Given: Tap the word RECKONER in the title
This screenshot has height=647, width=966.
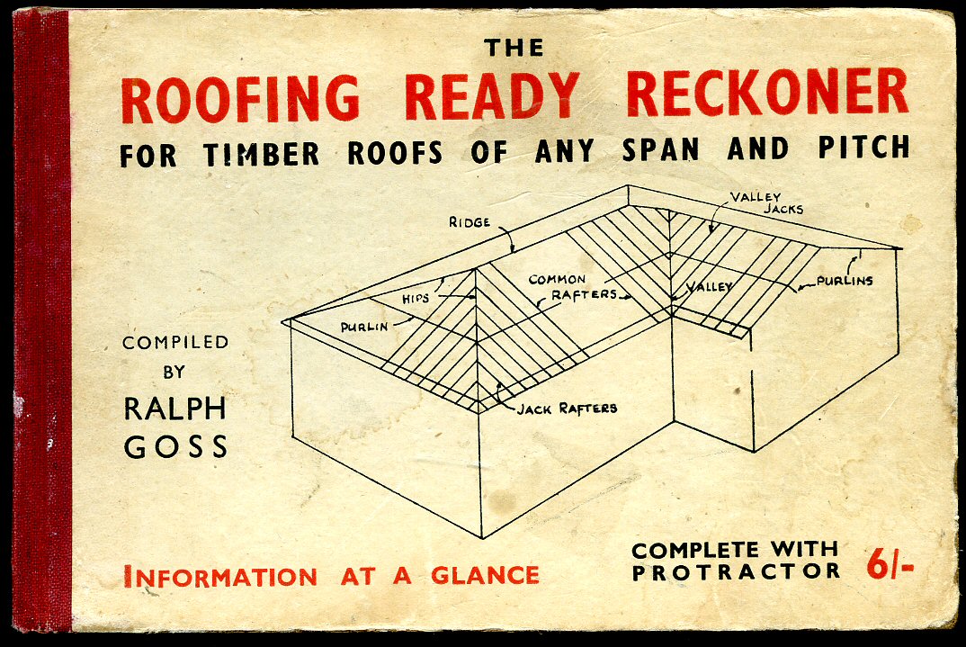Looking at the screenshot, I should [x=767, y=94].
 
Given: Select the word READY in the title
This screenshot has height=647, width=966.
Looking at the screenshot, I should [x=492, y=95].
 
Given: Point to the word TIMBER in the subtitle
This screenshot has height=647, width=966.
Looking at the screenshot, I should [x=262, y=154].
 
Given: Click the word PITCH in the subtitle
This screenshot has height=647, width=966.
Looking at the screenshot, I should [x=863, y=148].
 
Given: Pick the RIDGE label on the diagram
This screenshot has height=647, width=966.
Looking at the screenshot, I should [x=470, y=221].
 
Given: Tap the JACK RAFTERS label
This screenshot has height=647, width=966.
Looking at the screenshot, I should [x=567, y=409].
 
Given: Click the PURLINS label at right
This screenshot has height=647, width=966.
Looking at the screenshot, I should [x=845, y=280].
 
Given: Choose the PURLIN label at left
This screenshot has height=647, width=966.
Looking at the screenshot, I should [x=365, y=327].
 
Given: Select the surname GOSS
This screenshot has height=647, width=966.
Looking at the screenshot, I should [x=175, y=446].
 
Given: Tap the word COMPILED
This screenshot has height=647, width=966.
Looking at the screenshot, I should [x=175, y=343].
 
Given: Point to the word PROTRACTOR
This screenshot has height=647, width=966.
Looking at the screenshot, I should [x=736, y=571].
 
